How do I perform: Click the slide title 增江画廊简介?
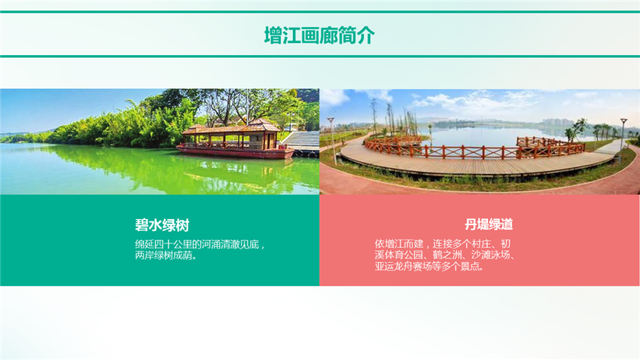(319, 35)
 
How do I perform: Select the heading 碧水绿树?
(162, 224)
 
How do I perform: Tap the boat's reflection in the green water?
(233, 169)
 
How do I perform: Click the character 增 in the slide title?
(273, 35)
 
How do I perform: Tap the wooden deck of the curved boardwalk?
(452, 162)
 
